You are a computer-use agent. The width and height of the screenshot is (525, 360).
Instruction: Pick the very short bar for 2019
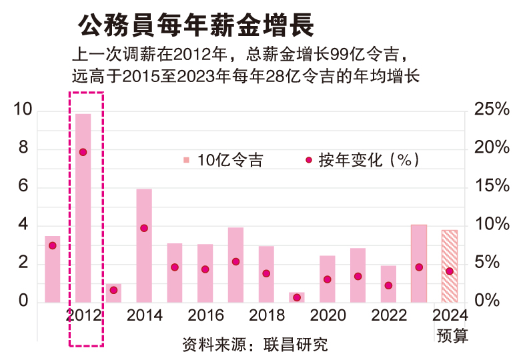[297, 297]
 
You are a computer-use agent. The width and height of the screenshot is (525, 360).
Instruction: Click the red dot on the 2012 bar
[83, 152]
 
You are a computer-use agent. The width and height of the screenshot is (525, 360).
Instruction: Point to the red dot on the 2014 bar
[144, 228]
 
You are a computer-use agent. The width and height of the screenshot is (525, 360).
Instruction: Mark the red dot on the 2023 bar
[419, 267]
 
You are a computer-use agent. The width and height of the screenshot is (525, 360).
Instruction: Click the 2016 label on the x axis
[205, 315]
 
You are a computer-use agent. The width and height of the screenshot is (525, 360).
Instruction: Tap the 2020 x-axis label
[328, 315]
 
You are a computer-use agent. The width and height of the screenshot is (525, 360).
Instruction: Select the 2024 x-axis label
[451, 315]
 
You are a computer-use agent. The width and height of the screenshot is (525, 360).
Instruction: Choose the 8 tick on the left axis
[23, 148]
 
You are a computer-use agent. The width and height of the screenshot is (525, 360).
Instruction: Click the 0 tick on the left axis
[23, 301]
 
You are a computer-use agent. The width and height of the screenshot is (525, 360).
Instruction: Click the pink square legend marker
[186, 160]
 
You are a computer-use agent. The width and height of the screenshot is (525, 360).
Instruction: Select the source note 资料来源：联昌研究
[255, 346]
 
